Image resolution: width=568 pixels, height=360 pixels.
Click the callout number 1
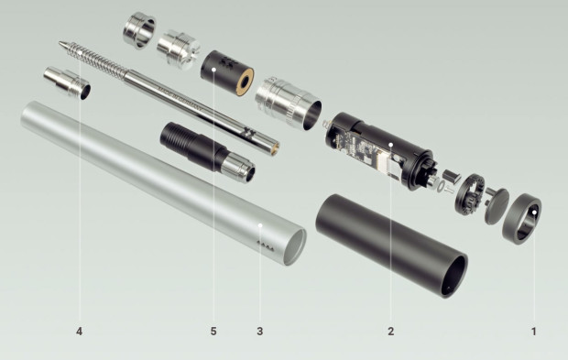click(x=533, y=331)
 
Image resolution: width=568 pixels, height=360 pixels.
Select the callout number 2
click(x=391, y=331)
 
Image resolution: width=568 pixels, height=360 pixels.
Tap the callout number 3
click(x=260, y=331)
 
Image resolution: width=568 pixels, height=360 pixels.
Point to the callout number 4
click(x=79, y=331)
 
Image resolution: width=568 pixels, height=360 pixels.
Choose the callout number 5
click(x=213, y=331)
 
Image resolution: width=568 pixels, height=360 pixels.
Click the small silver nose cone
click(x=67, y=83)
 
